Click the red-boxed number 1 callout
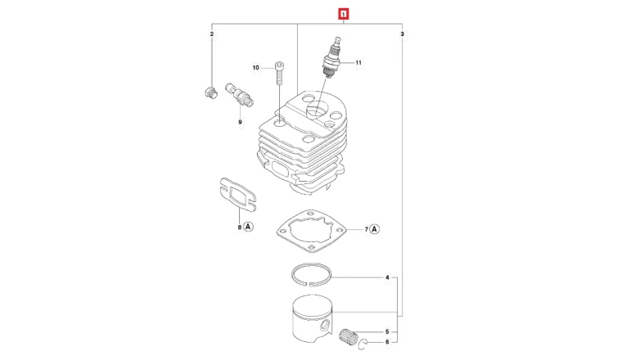pos(344,15)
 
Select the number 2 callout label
pos(212,34)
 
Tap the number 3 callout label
pos(402,34)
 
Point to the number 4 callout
pos(388,277)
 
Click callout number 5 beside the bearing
pos(388,332)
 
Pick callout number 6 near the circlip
pos(388,342)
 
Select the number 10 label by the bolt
pos(256,68)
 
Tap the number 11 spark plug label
pos(358,63)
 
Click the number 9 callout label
pos(240,122)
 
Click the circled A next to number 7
pos(375,229)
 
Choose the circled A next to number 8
pos(248,227)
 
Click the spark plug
pos(331,56)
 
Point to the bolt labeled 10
pos(279,74)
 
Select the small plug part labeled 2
pos(211,92)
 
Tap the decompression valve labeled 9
pos(240,95)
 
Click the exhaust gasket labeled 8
pos(237,194)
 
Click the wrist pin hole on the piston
pos(325,326)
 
